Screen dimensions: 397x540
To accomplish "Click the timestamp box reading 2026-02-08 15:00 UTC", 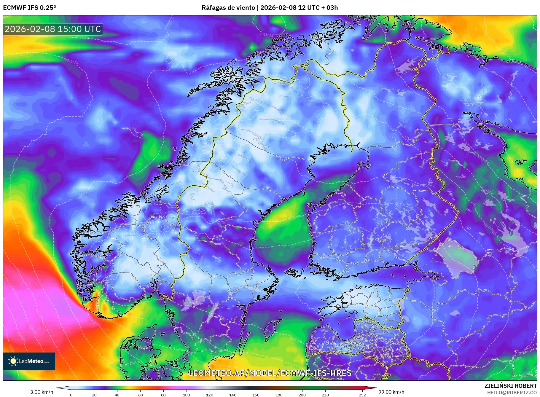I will [53, 29].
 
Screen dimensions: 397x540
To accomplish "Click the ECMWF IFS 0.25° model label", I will [30, 8].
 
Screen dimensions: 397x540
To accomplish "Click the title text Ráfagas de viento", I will [228, 8].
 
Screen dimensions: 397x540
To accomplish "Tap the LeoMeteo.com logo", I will [29, 361].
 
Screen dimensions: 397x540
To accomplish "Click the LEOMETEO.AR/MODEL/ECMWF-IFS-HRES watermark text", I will [270, 373].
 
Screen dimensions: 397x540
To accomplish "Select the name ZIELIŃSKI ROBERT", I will [510, 386].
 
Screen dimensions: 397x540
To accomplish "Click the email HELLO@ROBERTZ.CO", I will [512, 393].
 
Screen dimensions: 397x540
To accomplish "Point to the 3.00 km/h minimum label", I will [42, 392].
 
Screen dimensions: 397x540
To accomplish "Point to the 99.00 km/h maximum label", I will [391, 392].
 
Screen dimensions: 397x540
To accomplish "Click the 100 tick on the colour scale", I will [187, 395].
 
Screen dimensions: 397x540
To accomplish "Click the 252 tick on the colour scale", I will [362, 395].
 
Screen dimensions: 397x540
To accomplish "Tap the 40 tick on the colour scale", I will [117, 395].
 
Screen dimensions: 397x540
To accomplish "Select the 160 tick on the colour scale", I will [256, 395].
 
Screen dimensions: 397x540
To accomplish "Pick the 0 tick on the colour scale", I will [71, 395].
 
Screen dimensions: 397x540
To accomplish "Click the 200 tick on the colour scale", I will [302, 395].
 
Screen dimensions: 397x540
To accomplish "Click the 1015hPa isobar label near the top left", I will [82, 38].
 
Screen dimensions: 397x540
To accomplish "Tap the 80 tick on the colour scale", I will [163, 395].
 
